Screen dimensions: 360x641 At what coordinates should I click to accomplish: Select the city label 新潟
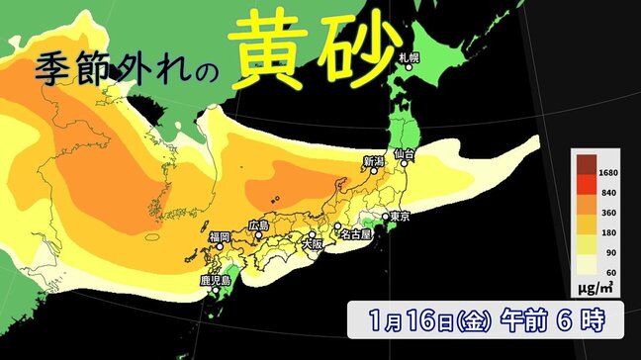coord(373,161)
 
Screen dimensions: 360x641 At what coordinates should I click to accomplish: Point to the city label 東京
coord(400,216)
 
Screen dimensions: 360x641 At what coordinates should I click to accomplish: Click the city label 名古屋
coord(353,235)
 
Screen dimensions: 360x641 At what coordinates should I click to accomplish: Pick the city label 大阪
coord(313,241)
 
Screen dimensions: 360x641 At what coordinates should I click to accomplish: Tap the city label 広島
coord(258,226)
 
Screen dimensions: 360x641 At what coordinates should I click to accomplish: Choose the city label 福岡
coord(219,236)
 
